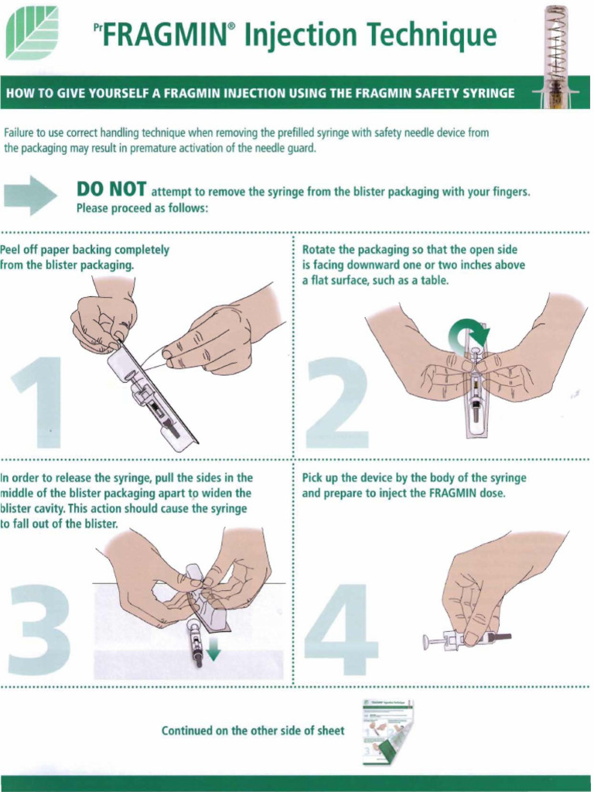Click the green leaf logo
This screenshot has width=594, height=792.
tap(32, 32)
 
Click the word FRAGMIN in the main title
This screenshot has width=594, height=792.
tap(164, 35)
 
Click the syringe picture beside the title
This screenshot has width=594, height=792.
tap(555, 54)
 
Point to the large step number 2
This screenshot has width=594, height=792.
tap(337, 402)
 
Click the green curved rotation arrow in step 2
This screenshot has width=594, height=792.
tap(469, 334)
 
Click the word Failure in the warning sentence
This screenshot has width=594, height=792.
tap(19, 133)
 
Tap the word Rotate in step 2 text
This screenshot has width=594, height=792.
tap(319, 250)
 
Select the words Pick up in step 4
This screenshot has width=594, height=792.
tap(321, 478)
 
